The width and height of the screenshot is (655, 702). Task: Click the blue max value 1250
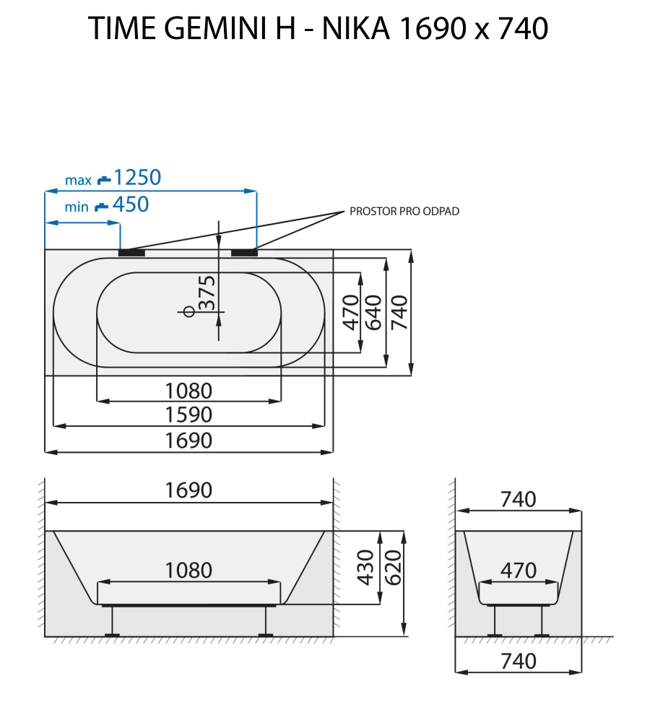click(x=137, y=177)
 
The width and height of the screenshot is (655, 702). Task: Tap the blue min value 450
click(x=131, y=205)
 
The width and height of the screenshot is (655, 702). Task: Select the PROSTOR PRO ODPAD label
click(x=404, y=212)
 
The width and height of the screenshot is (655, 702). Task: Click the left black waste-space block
click(x=131, y=253)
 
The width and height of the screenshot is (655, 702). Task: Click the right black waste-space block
click(x=244, y=253)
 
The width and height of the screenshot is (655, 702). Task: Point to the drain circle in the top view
click(x=189, y=311)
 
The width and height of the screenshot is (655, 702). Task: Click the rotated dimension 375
click(x=207, y=292)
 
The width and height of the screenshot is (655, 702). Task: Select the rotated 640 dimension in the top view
click(x=374, y=312)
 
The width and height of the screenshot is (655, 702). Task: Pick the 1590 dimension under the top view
click(x=188, y=415)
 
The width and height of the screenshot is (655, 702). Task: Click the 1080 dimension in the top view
click(x=188, y=391)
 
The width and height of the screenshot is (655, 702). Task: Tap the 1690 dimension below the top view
click(x=188, y=441)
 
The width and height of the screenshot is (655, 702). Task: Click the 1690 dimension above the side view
click(x=188, y=490)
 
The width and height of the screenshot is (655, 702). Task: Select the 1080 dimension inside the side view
click(x=188, y=571)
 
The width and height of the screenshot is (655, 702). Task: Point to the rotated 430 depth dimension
click(x=366, y=568)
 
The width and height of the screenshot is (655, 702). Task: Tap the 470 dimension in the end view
click(x=519, y=571)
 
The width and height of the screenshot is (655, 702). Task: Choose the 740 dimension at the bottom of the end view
click(x=519, y=661)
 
